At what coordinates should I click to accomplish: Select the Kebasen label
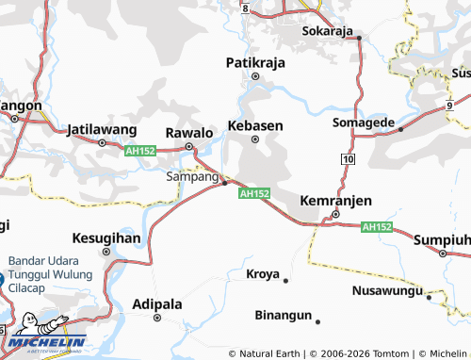pos(256,124)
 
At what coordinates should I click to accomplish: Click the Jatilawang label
pos(102,129)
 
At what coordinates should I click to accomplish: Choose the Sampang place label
pos(192,176)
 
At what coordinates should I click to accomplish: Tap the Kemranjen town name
pos(335,201)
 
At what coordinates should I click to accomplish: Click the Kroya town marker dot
pos(285,280)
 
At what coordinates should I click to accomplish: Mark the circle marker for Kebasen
pos(255,140)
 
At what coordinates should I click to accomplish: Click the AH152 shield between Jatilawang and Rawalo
pos(138,150)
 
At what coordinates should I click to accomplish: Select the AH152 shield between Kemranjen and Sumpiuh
pos(377,227)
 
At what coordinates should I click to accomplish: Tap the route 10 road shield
pos(349,162)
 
